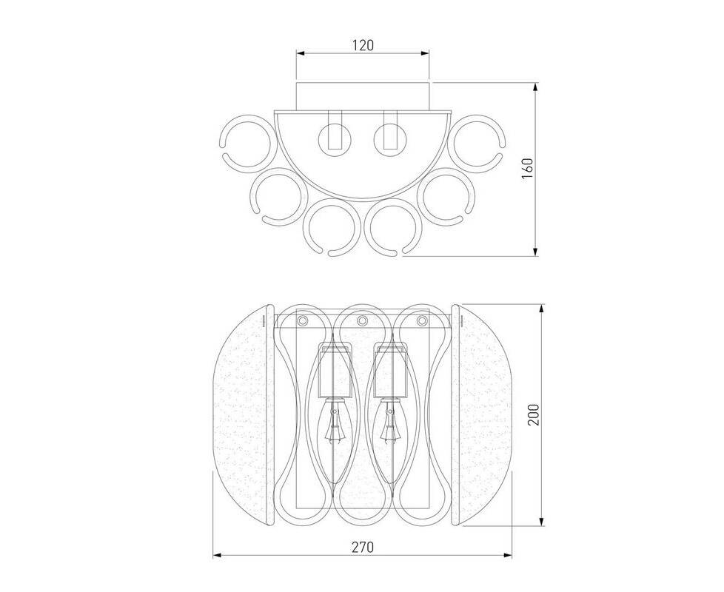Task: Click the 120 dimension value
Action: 363,45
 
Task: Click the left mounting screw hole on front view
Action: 303,320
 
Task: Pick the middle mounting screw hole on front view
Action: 362,320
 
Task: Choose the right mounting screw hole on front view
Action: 421,320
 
